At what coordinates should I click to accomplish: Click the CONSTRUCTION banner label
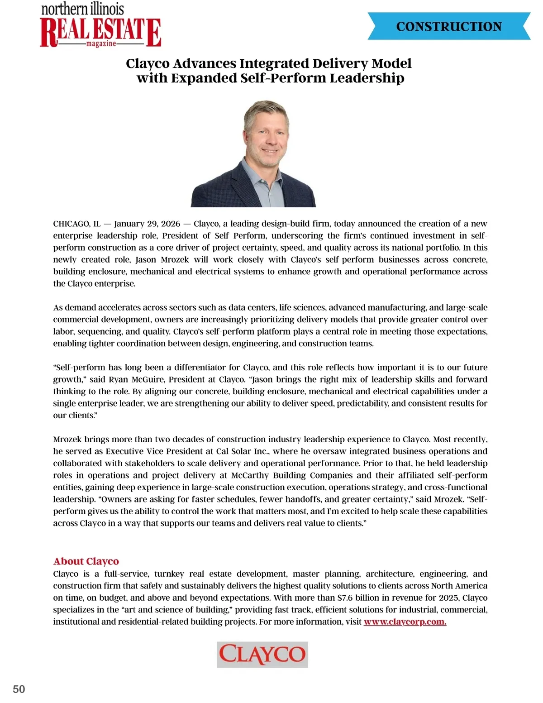click(449, 26)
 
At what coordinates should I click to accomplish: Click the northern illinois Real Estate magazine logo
click(100, 26)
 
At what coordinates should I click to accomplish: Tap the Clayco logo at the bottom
click(262, 654)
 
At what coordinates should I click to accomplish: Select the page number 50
click(19, 689)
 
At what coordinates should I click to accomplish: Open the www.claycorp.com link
click(405, 622)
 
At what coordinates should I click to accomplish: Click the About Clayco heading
click(86, 561)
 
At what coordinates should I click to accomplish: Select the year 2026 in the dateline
click(171, 224)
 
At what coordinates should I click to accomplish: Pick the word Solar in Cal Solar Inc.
click(244, 451)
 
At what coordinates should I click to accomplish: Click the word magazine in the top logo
click(101, 44)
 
